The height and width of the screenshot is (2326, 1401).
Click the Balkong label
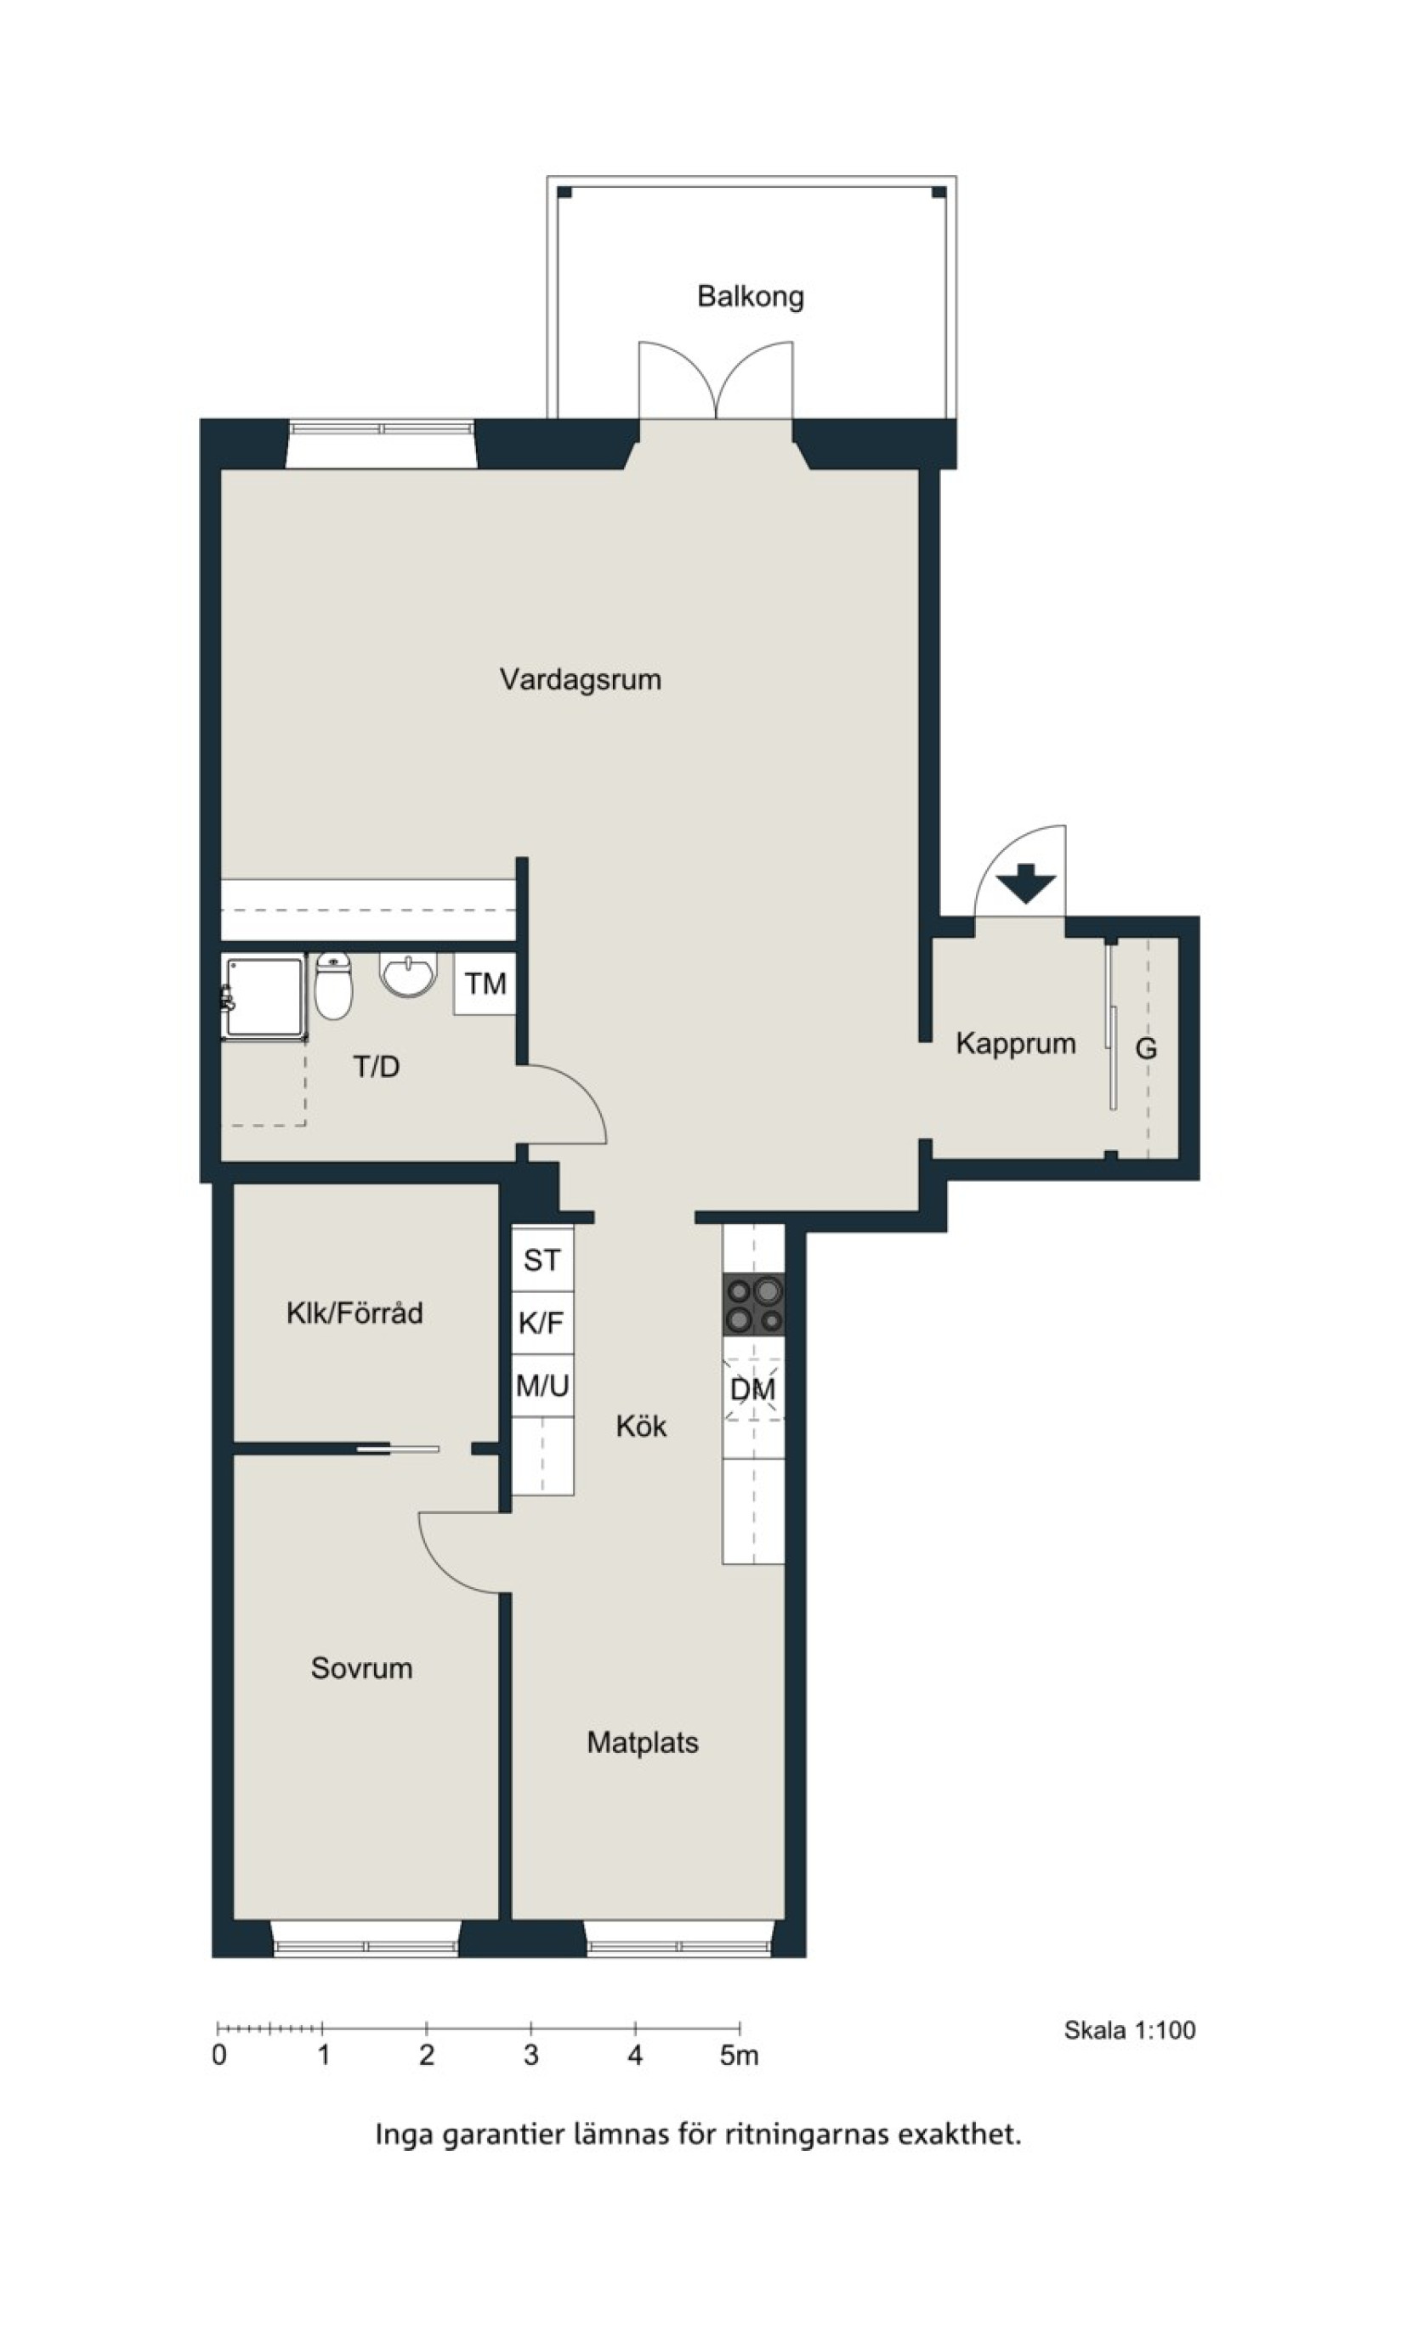tap(751, 297)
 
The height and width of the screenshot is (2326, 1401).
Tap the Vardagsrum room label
tap(581, 679)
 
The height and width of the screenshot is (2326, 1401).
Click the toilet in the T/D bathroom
tap(333, 985)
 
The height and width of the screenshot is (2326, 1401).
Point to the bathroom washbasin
tap(409, 974)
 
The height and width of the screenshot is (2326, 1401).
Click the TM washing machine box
tap(485, 984)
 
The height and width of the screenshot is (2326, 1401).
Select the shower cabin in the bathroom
tap(264, 997)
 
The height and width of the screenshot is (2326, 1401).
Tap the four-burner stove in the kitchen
tap(753, 1305)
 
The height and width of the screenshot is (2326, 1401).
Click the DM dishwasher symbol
tap(753, 1389)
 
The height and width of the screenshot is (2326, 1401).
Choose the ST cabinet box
tap(542, 1259)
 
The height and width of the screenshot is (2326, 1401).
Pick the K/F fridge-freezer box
tap(542, 1323)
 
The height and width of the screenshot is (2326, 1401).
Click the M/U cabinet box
tap(542, 1386)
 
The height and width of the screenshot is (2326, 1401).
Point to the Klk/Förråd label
tap(355, 1313)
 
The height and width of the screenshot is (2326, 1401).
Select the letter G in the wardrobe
tap(1146, 1049)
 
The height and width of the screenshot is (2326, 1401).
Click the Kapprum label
tap(1016, 1044)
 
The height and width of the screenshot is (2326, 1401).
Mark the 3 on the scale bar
tap(531, 2055)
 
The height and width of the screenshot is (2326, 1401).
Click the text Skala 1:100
tap(1130, 2030)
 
